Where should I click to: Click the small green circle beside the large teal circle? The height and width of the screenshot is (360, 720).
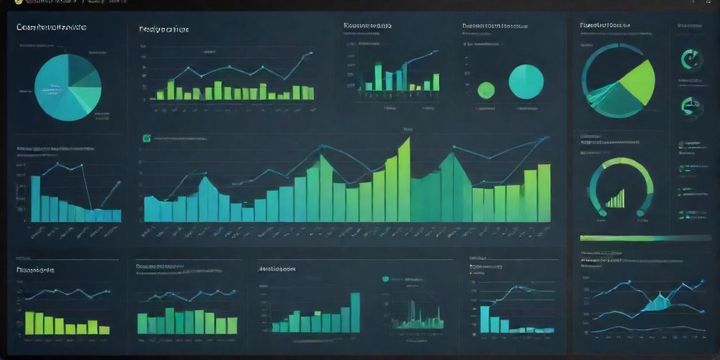click(486, 90)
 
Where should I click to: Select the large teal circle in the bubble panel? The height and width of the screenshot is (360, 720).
click(526, 81)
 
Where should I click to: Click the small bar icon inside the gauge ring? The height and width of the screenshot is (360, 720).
click(616, 199)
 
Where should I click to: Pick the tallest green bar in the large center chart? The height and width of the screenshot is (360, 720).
click(404, 180)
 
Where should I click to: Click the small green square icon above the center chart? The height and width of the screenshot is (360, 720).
click(147, 138)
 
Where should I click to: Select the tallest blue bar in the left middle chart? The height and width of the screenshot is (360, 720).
click(35, 198)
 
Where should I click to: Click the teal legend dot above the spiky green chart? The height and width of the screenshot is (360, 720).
click(386, 279)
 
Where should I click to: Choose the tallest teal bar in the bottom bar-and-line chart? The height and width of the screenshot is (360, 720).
click(485, 319)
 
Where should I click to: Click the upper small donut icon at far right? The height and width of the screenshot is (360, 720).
click(691, 60)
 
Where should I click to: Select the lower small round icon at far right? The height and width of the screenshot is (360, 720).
click(691, 107)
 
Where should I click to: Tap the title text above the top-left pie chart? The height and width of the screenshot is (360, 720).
click(51, 27)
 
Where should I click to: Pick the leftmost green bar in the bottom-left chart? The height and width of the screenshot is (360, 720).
click(30, 322)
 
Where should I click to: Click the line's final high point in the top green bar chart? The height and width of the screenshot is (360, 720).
click(312, 53)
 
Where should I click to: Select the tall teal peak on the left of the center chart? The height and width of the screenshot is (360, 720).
click(207, 198)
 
